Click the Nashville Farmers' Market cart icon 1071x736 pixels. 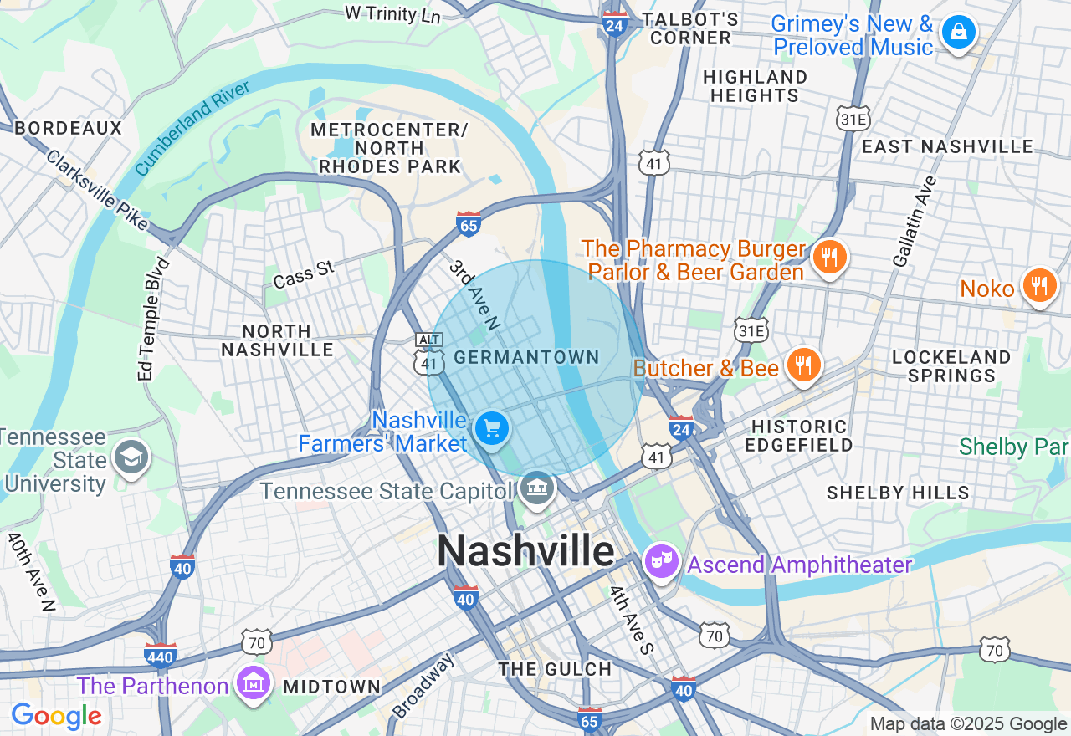pyautogui.click(x=492, y=429)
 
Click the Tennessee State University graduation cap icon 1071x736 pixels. pyautogui.click(x=131, y=457)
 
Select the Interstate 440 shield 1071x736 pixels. pyautogui.click(x=160, y=655)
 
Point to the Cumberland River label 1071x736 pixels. pyautogui.click(x=192, y=128)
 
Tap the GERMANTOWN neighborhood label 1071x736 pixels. pyautogui.click(x=526, y=357)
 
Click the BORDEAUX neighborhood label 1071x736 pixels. pyautogui.click(x=69, y=128)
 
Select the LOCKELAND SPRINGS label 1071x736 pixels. pyautogui.click(x=951, y=366)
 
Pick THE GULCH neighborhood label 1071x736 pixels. pyautogui.click(x=555, y=669)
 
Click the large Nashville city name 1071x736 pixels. pyautogui.click(x=525, y=551)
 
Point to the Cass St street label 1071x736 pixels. pyautogui.click(x=303, y=273)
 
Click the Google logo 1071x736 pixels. pyautogui.click(x=56, y=717)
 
